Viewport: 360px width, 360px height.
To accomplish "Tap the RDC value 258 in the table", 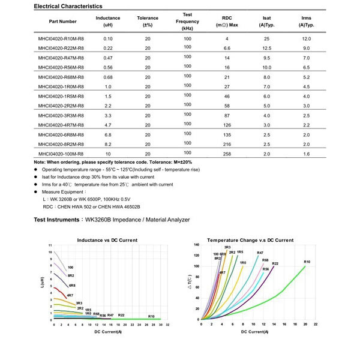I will pyautogui.click(x=227, y=154).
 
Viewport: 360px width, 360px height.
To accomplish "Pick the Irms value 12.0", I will pyautogui.click(x=306, y=38).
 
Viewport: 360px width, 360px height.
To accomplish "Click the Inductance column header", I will pyautogui.click(x=108, y=22).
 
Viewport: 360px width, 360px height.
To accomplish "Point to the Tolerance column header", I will pyautogui.click(x=148, y=22).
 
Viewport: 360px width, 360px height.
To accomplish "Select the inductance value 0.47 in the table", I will pyautogui.click(x=108, y=58).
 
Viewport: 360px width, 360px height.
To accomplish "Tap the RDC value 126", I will pyautogui.click(x=227, y=125).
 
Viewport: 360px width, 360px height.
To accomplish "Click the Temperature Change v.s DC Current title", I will pyautogui.click(x=250, y=240).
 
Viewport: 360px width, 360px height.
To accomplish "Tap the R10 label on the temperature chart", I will pyautogui.click(x=307, y=262).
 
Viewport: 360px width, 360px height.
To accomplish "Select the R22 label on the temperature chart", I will pyautogui.click(x=275, y=263).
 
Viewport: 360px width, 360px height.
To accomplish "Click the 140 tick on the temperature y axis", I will pyautogui.click(x=196, y=245).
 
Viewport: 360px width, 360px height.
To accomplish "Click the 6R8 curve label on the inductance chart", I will pyautogui.click(x=72, y=286).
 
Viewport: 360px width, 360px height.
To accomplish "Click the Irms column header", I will pyautogui.click(x=306, y=22).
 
